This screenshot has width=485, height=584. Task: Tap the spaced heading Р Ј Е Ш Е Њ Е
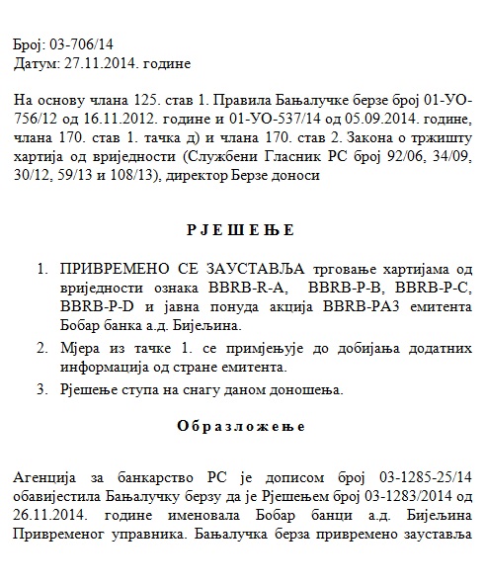pyautogui.click(x=241, y=230)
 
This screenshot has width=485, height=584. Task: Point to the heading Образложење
pyautogui.click(x=241, y=427)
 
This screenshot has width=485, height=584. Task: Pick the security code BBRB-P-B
pyautogui.click(x=349, y=287)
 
